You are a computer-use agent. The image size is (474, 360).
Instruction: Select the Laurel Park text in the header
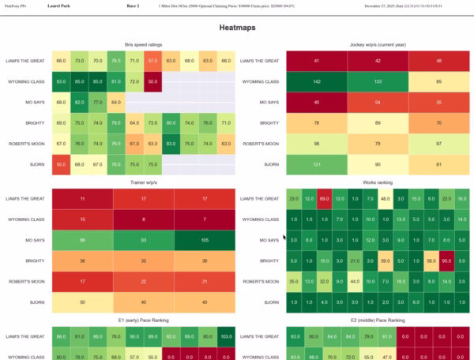58,6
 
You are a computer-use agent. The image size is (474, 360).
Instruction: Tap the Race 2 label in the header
133,6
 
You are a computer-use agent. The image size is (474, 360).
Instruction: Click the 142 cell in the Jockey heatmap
317,81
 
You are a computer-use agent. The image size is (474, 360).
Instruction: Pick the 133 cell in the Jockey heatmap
378,81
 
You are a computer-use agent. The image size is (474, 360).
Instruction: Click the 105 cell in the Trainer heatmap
204,239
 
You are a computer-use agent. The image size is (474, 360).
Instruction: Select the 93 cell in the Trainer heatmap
142,239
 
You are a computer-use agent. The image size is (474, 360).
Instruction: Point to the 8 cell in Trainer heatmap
142,219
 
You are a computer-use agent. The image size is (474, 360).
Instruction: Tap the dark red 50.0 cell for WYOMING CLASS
152,81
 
